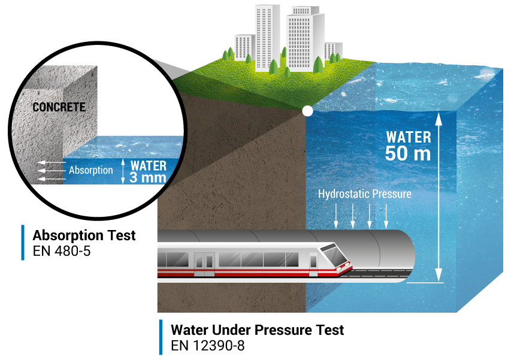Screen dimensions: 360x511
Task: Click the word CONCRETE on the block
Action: click(x=59, y=108)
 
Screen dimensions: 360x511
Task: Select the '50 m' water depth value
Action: click(x=407, y=153)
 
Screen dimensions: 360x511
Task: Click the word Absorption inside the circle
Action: click(x=90, y=170)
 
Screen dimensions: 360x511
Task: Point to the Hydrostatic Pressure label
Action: click(x=364, y=194)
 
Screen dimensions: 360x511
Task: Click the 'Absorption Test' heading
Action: click(x=84, y=235)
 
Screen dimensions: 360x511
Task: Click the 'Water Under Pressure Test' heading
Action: click(x=258, y=330)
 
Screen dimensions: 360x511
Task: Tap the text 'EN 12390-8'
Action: click(x=208, y=346)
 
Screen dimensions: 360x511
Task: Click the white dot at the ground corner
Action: click(x=307, y=111)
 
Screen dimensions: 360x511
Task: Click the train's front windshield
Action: click(x=334, y=256)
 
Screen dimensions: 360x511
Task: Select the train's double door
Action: click(x=204, y=264)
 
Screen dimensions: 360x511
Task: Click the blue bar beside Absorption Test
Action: click(x=23, y=243)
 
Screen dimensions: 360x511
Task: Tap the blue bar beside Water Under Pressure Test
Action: click(x=161, y=337)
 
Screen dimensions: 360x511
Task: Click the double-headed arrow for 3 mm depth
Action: click(x=123, y=171)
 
